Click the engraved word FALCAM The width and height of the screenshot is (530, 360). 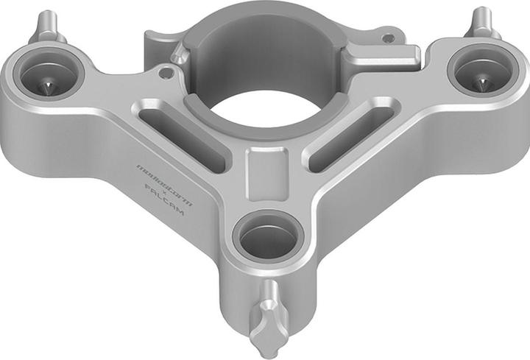pyautogui.click(x=166, y=200)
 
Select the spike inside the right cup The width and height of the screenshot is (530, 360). pyautogui.click(x=482, y=82)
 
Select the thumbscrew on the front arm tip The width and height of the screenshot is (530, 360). pyautogui.click(x=266, y=320)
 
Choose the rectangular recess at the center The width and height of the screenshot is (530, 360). pyautogui.click(x=265, y=172)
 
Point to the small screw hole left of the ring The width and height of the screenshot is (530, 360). pyautogui.click(x=168, y=73)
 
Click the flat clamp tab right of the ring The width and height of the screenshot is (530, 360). pyautogui.click(x=383, y=56)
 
